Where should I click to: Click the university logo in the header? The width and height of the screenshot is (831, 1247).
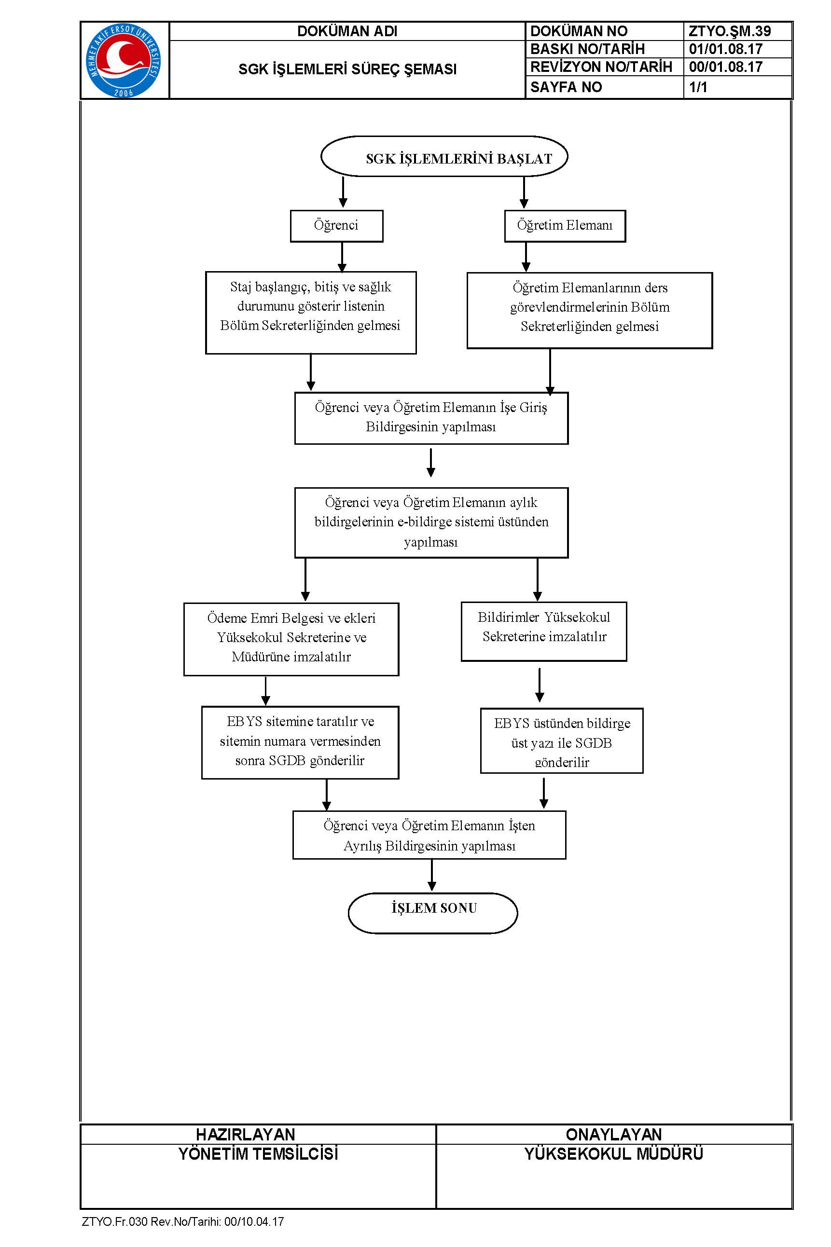124,60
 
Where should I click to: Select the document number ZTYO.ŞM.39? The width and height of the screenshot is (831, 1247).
729,31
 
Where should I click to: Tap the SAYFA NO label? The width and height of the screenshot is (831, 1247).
566,87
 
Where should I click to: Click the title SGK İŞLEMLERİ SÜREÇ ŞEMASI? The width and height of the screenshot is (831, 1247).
347,69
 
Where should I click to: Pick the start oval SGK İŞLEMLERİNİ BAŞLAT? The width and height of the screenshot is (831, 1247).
444,156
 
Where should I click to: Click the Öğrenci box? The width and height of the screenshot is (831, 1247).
336,226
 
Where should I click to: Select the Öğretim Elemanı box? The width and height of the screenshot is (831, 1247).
565,226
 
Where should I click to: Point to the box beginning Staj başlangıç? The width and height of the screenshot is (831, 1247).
311,313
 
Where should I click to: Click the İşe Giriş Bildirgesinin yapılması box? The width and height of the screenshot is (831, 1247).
431,418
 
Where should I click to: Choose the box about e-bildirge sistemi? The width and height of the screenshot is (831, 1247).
431,522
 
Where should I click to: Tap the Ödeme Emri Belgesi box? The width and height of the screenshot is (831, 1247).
291,639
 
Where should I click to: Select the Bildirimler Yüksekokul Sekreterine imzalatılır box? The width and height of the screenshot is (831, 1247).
544,631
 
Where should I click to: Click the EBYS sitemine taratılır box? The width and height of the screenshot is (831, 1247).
301,742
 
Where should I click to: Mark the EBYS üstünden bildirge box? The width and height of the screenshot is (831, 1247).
562,740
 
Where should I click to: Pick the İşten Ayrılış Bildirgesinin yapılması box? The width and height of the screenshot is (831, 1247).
429,835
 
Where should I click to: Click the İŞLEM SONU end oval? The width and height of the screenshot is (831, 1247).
433,913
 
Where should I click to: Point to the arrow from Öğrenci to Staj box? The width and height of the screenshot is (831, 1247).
342,257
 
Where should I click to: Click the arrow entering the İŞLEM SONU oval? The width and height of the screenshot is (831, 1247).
432,876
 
